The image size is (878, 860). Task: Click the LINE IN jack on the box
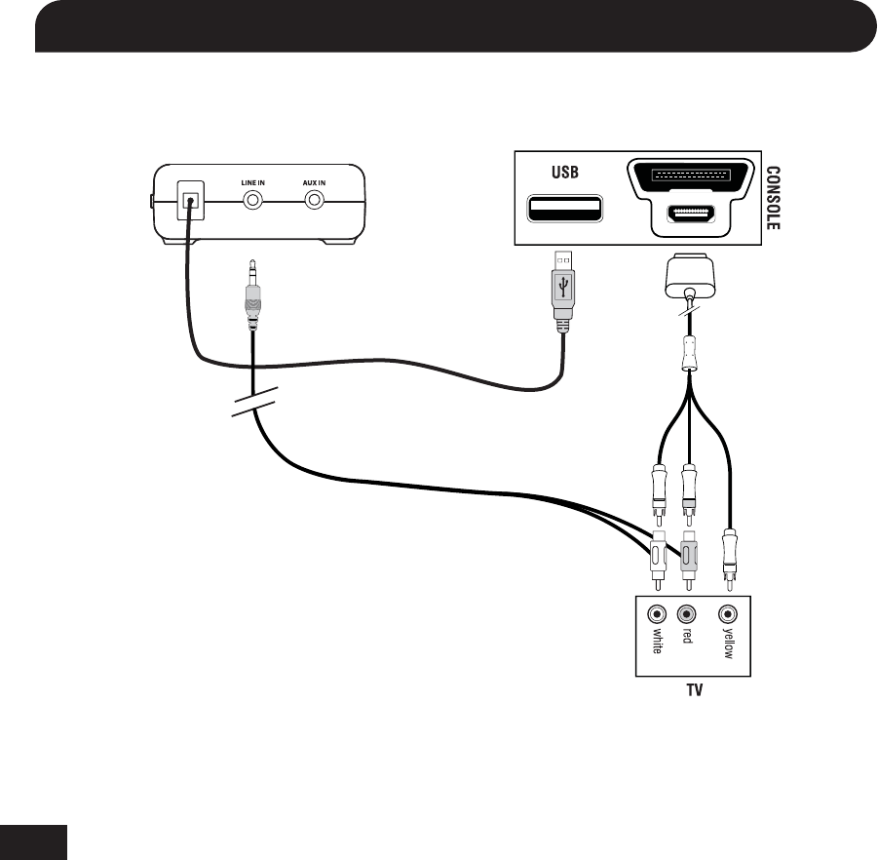coord(253,201)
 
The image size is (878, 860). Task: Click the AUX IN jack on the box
coord(315,201)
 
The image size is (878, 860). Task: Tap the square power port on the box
coord(191,203)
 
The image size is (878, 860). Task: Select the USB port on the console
coord(565,209)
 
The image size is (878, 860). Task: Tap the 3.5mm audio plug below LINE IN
coord(252,296)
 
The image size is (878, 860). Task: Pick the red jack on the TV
coord(688,615)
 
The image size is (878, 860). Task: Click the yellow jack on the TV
coord(728,615)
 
